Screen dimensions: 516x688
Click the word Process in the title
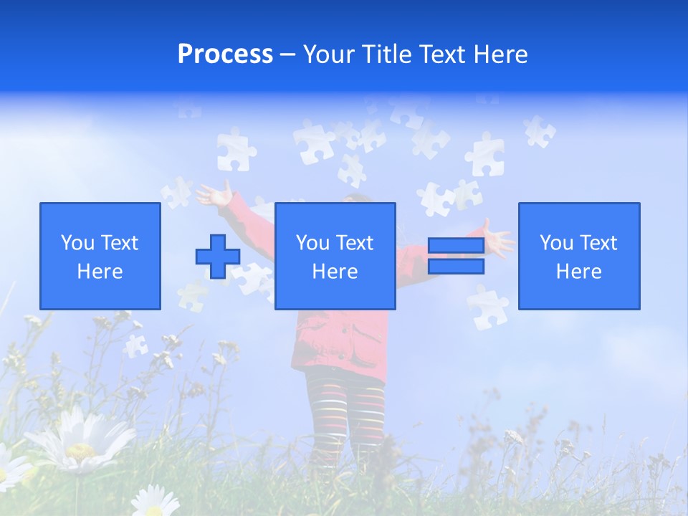point(225,54)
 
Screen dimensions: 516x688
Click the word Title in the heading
point(385,54)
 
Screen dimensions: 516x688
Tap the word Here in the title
point(500,54)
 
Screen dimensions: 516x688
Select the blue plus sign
point(218,257)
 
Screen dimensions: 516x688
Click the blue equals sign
point(456,256)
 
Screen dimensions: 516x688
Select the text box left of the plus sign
point(100,256)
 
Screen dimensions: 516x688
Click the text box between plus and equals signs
point(335,256)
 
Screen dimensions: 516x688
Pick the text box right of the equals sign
point(579,256)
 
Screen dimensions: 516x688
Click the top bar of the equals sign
point(456,245)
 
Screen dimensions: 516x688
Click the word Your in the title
point(326,54)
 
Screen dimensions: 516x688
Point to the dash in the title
point(287,54)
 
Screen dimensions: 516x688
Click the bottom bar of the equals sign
point(456,267)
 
